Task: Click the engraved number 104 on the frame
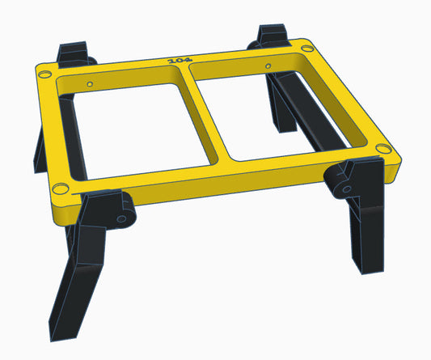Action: pos(175,59)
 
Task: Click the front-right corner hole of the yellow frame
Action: pos(381,147)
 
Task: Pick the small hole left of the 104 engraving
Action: pos(90,83)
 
